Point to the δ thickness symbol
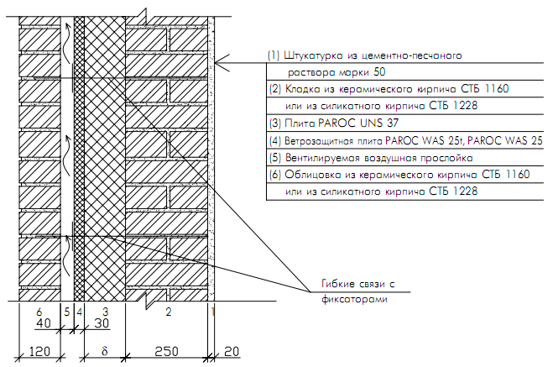(105, 350)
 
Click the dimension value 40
(44, 324)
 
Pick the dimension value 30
(101, 324)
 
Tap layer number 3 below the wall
(105, 312)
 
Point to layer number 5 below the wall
(66, 312)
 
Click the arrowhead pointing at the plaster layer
(217, 63)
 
